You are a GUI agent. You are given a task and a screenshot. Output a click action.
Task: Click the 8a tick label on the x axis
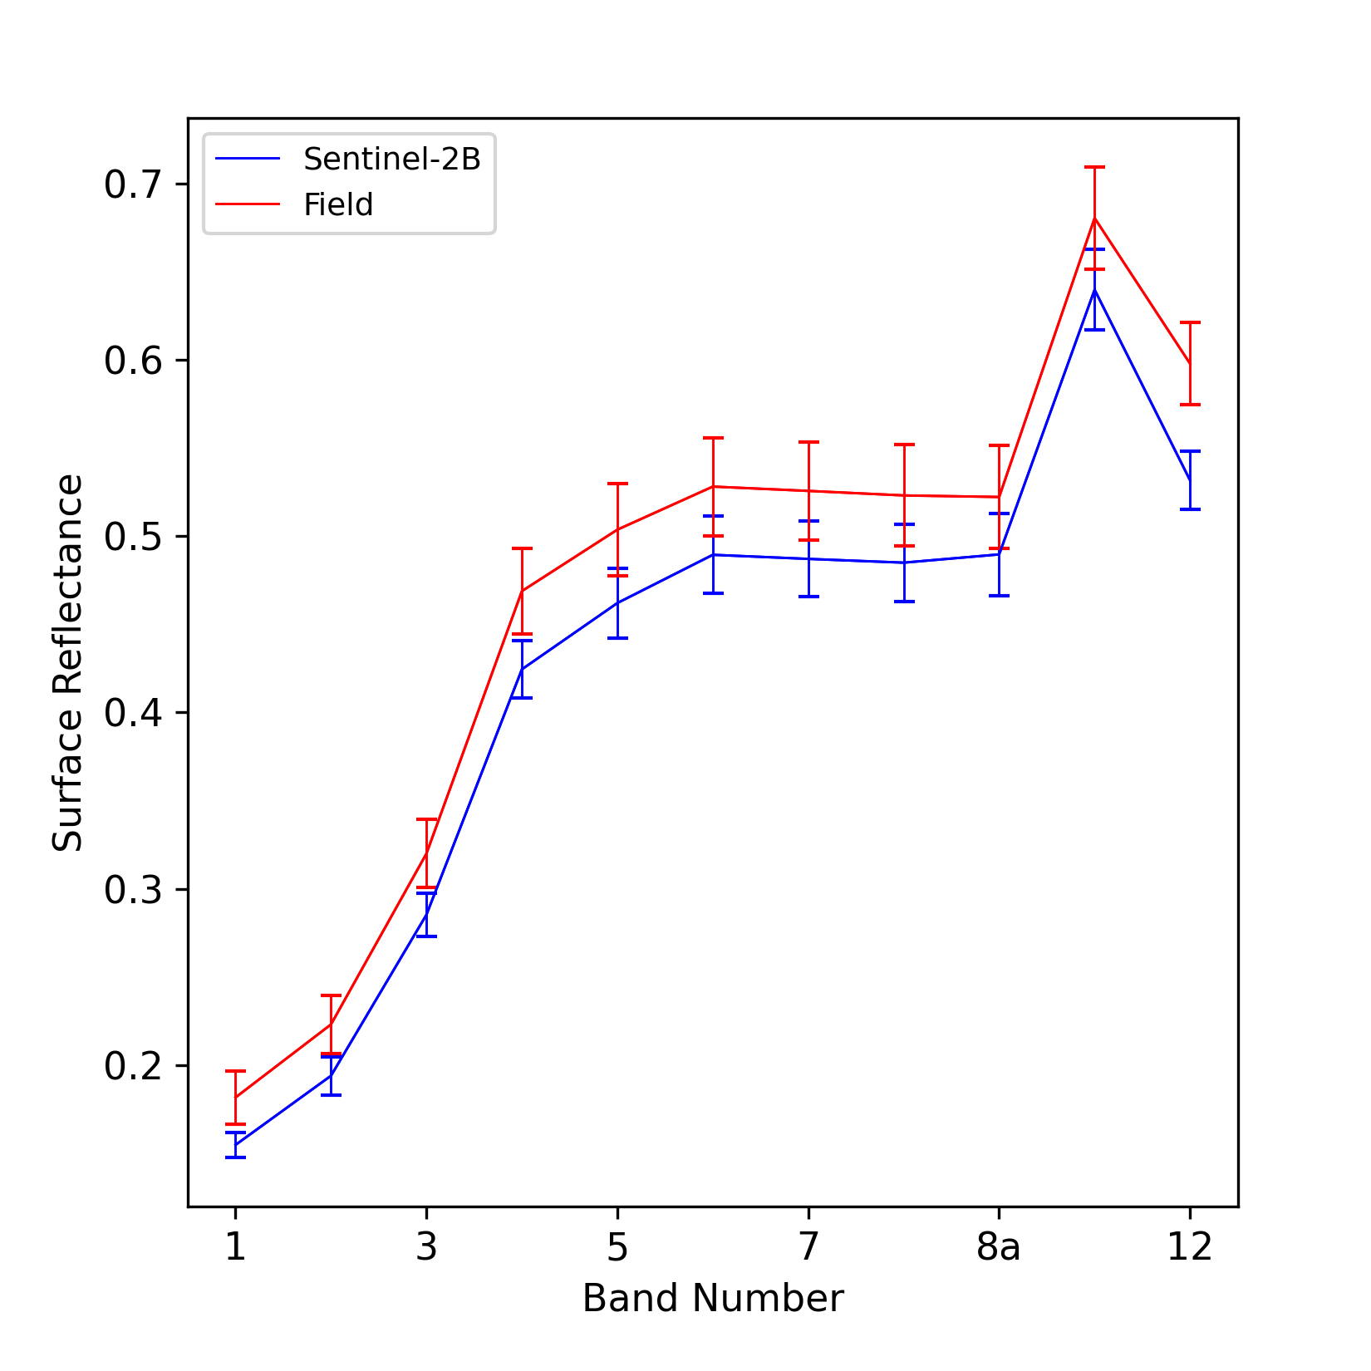click(999, 1247)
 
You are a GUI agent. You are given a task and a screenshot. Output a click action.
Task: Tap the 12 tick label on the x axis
click(1190, 1247)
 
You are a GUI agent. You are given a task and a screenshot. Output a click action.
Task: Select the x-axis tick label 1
click(235, 1247)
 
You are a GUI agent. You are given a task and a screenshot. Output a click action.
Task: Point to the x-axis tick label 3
click(426, 1247)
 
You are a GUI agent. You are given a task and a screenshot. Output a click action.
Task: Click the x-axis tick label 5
click(617, 1247)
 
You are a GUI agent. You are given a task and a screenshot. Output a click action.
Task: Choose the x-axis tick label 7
click(808, 1247)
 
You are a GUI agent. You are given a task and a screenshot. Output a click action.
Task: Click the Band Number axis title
click(713, 1299)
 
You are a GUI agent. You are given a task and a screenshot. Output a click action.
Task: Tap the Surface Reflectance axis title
click(68, 662)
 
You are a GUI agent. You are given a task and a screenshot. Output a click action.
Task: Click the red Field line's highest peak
click(1095, 218)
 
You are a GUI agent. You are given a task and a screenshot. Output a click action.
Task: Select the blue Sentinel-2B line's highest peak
click(1095, 289)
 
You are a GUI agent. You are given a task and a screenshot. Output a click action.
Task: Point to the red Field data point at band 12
click(1190, 363)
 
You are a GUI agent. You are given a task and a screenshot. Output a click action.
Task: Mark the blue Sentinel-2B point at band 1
click(235, 1145)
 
